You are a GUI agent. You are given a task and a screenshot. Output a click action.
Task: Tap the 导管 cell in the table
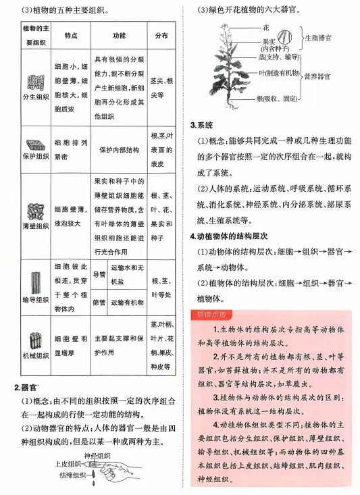click(99, 275)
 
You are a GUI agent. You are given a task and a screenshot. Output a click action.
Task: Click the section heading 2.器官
click(26, 387)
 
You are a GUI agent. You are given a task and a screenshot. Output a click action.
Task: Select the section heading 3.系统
click(201, 126)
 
